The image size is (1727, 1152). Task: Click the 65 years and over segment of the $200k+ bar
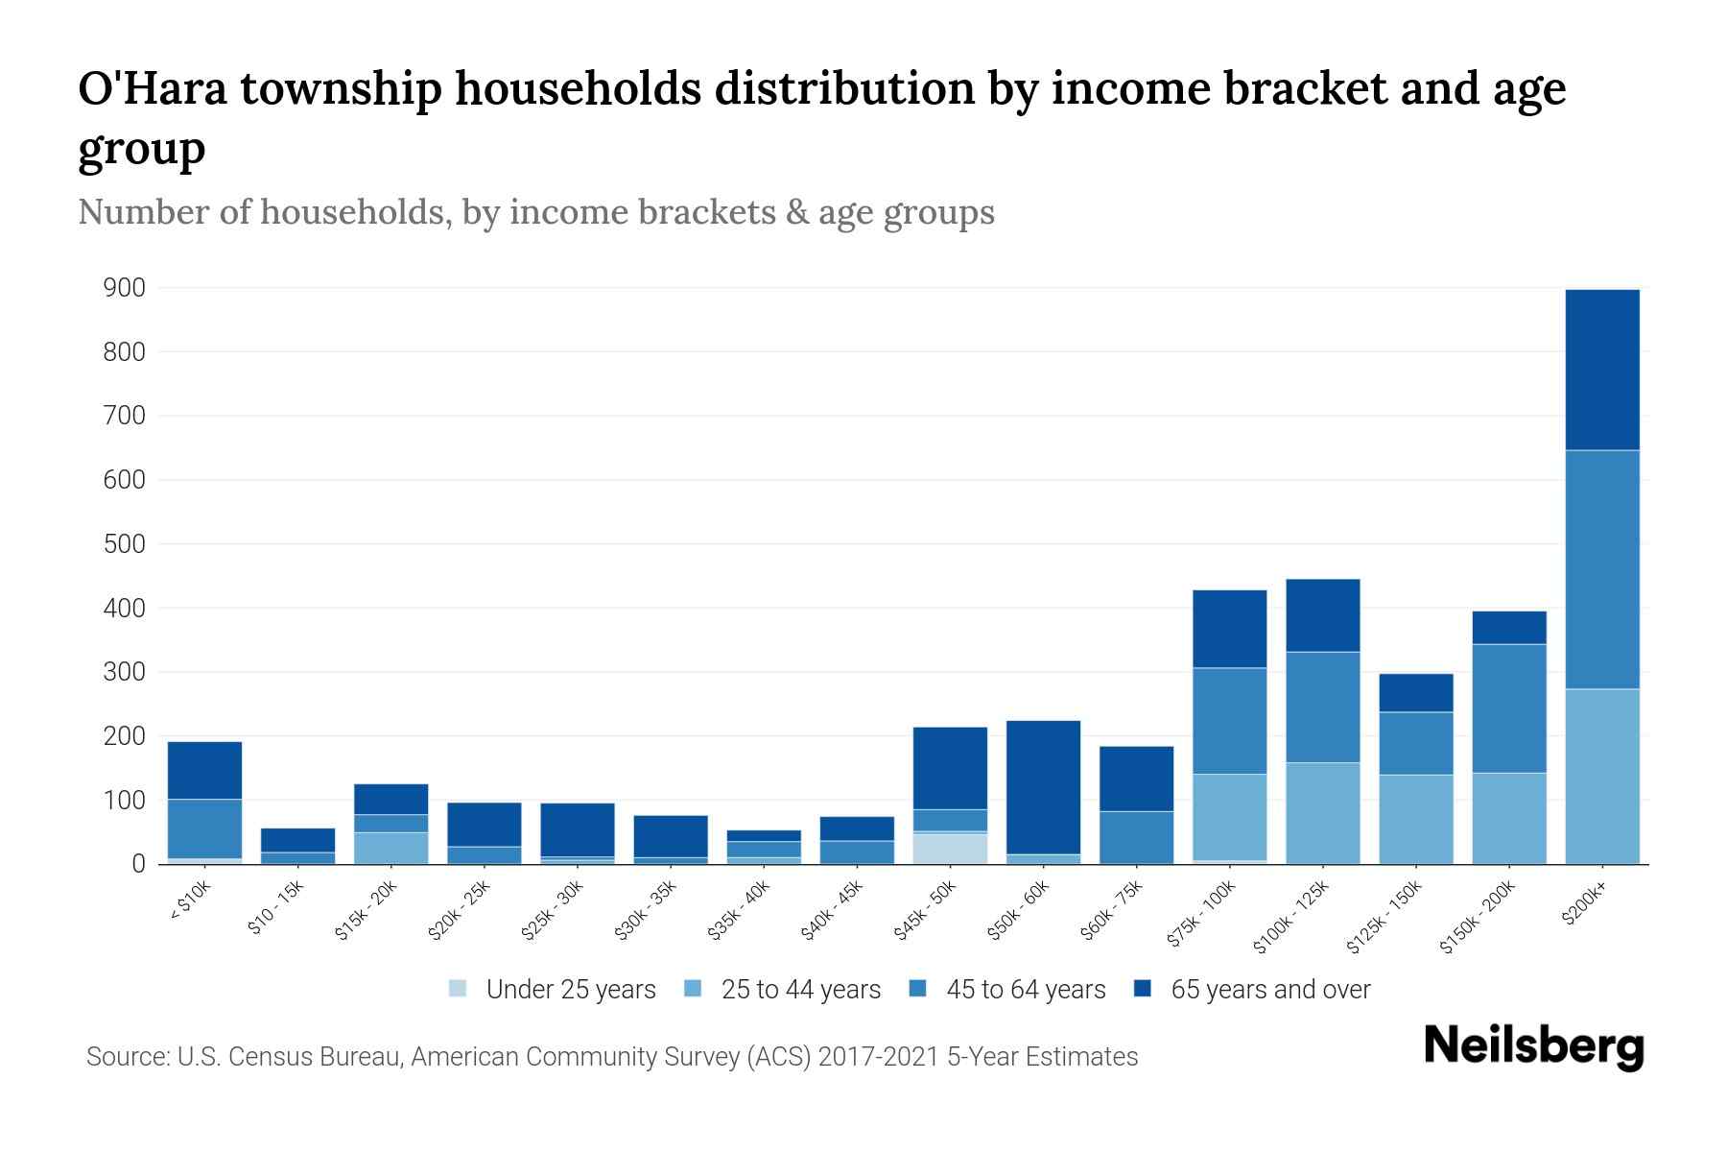[x=1601, y=370]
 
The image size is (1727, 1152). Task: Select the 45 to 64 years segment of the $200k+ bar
[x=1601, y=569]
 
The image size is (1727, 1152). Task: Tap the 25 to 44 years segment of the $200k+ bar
[x=1601, y=776]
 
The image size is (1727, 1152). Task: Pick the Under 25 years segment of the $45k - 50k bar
[x=950, y=848]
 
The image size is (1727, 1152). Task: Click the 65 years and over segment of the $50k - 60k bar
[x=1043, y=787]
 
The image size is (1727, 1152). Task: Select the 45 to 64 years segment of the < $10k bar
[x=204, y=828]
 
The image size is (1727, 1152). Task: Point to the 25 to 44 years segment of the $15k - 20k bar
[x=390, y=848]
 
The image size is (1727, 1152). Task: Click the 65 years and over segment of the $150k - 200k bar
[x=1508, y=628]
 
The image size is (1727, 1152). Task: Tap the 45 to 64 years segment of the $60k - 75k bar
[x=1136, y=837]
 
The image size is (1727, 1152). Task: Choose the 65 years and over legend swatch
[x=1143, y=989]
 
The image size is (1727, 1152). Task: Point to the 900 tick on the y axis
[x=125, y=288]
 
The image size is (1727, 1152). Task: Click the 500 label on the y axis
[x=125, y=544]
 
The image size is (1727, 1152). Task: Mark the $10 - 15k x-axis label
[x=276, y=906]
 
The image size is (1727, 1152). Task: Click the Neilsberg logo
[x=1533, y=1046]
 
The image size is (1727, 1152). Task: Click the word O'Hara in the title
[x=154, y=89]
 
